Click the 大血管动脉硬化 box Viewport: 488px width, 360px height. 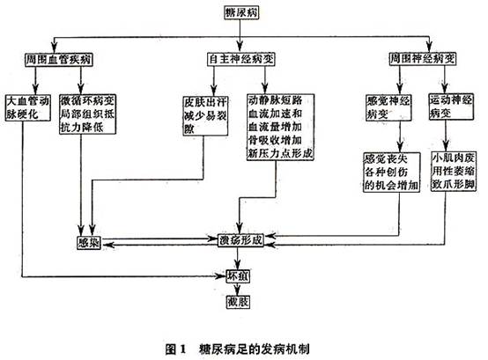(29, 108)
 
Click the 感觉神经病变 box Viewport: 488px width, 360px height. (388, 108)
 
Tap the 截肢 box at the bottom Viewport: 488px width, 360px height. (240, 304)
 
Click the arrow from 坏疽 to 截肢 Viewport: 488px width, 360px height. (240, 290)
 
